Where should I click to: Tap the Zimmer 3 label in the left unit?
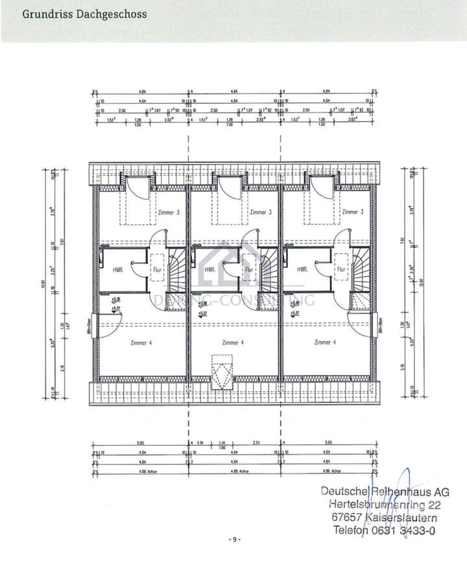[168, 212]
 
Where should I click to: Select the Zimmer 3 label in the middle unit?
[260, 212]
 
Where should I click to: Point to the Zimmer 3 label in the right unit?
[352, 212]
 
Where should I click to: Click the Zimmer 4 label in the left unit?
[141, 343]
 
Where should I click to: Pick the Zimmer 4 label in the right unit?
[325, 343]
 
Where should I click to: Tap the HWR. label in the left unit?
[118, 270]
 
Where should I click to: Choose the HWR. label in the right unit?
[302, 270]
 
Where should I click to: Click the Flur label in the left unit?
[156, 270]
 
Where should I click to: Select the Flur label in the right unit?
[341, 270]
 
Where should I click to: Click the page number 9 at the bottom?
[234, 540]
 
